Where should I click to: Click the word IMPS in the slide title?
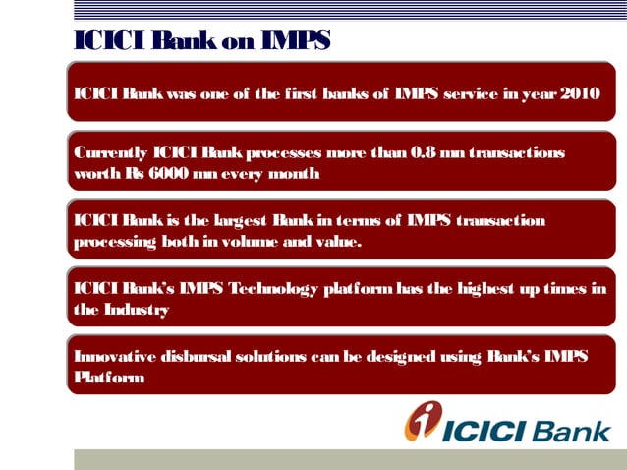point(295,40)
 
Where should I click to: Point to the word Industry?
point(136,309)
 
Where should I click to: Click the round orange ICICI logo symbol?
point(424,421)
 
